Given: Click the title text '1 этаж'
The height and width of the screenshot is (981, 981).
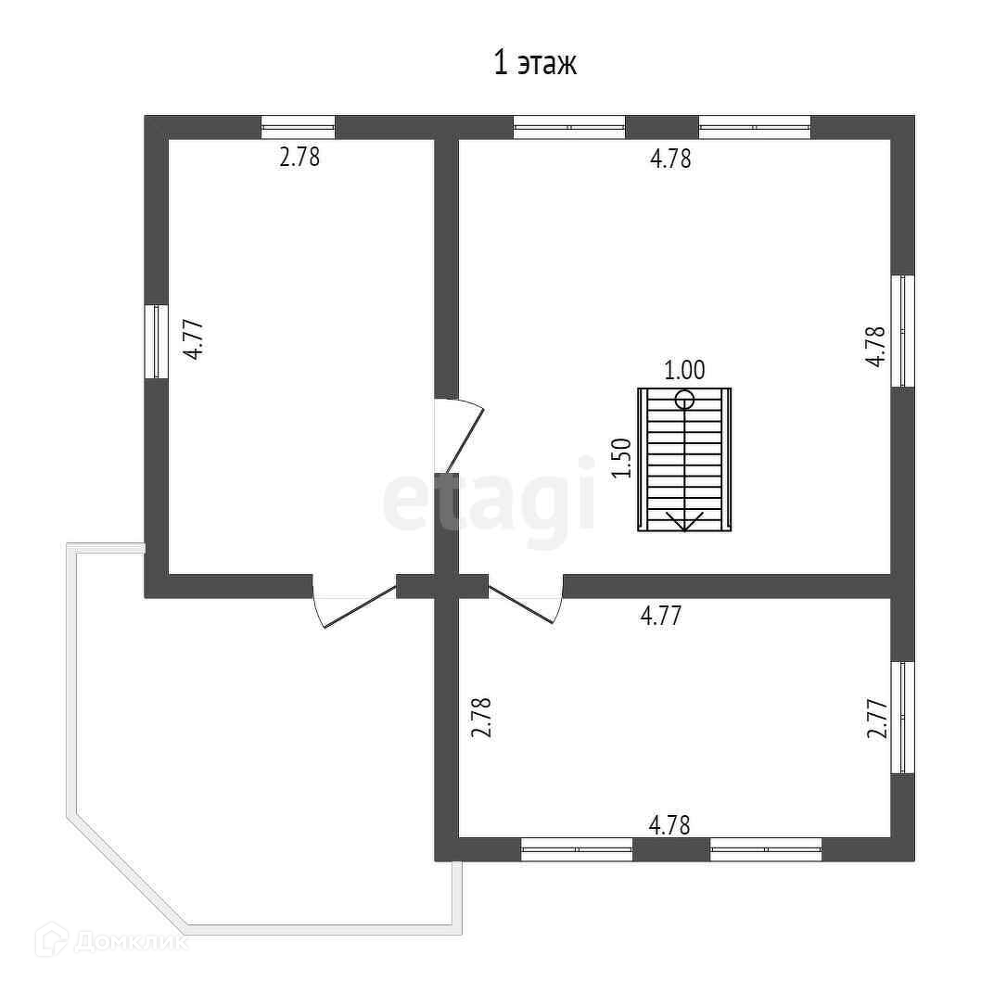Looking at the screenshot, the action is click(535, 64).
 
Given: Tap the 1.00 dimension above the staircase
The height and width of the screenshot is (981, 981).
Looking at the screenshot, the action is click(684, 370).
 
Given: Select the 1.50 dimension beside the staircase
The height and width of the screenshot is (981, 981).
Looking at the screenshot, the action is click(622, 457).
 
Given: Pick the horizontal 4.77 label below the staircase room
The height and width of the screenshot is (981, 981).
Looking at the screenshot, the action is click(662, 616).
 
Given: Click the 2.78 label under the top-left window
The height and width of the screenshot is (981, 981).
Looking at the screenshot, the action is click(299, 157).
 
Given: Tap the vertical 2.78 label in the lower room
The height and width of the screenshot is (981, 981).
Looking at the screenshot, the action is click(480, 718).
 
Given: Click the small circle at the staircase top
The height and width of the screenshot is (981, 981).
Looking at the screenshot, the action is click(684, 401).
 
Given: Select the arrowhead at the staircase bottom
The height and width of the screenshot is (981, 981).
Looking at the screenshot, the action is click(684, 521).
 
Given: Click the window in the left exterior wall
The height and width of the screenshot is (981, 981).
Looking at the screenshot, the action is click(156, 341).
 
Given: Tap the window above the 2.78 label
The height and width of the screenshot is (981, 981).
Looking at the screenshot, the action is click(298, 127).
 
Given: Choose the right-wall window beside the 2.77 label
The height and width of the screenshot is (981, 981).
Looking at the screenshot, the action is click(902, 717).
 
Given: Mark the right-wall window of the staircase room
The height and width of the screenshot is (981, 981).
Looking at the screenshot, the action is click(902, 330).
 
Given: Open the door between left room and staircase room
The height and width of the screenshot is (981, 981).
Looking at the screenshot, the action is click(459, 436).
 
